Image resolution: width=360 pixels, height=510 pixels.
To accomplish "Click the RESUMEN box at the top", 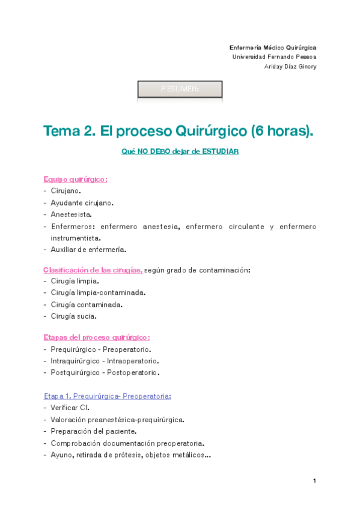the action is (180, 89).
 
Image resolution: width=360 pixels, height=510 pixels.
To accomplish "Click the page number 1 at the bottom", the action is (314, 481).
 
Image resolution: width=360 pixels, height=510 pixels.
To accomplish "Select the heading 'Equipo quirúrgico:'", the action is (75, 179).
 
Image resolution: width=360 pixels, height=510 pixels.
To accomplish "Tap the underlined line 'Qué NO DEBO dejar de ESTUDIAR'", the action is (180, 152).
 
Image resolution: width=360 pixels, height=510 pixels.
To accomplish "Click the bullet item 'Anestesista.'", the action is (71, 214).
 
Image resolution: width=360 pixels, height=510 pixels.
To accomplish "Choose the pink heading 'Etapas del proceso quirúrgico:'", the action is (96, 337).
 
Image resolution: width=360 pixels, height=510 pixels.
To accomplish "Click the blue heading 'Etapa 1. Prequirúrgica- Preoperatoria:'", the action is (107, 396).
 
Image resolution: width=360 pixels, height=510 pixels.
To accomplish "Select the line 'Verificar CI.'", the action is (70, 408).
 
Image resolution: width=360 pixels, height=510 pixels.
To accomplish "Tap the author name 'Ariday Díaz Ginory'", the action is (290, 66).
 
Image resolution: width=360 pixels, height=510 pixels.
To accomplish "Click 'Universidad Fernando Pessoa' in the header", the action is (274, 57).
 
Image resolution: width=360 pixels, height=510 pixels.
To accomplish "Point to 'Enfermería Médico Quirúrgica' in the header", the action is (273, 47).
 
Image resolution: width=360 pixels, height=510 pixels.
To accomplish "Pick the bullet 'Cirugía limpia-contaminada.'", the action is (98, 293).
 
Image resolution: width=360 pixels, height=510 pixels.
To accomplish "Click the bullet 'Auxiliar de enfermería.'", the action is (88, 250).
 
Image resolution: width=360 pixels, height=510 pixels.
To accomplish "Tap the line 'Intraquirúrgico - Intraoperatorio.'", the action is (105, 361).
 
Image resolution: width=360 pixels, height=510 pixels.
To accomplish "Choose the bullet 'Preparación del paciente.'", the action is (93, 431).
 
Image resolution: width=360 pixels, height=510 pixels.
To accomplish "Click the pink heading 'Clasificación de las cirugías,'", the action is (93, 270).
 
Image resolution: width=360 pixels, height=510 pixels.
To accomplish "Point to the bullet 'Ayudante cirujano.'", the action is (82, 203).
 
